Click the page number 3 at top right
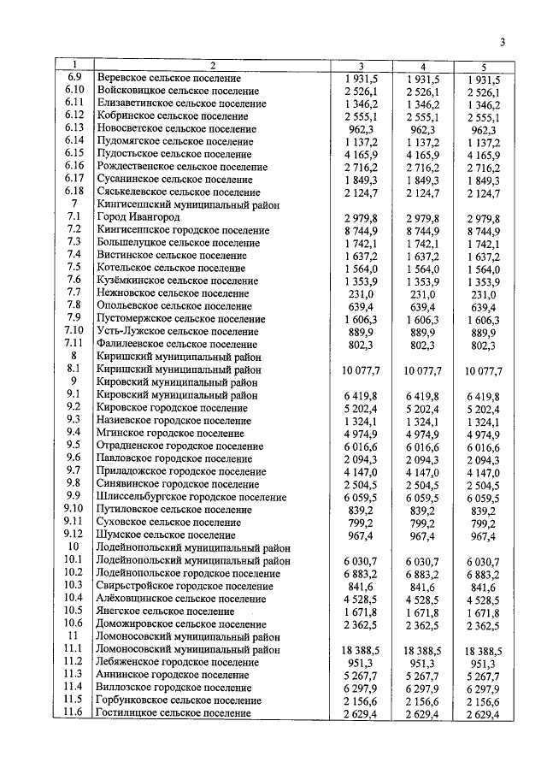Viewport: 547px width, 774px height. point(503,44)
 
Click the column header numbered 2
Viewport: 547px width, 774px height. point(213,66)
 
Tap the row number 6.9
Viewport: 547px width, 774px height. point(75,78)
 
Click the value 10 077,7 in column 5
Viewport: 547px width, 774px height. point(483,370)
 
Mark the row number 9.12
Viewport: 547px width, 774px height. point(75,535)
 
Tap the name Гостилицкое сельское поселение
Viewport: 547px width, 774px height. point(179,713)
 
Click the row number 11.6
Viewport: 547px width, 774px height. point(75,712)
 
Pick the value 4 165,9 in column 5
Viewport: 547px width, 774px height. point(483,155)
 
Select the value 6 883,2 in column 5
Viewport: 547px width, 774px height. point(483,573)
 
